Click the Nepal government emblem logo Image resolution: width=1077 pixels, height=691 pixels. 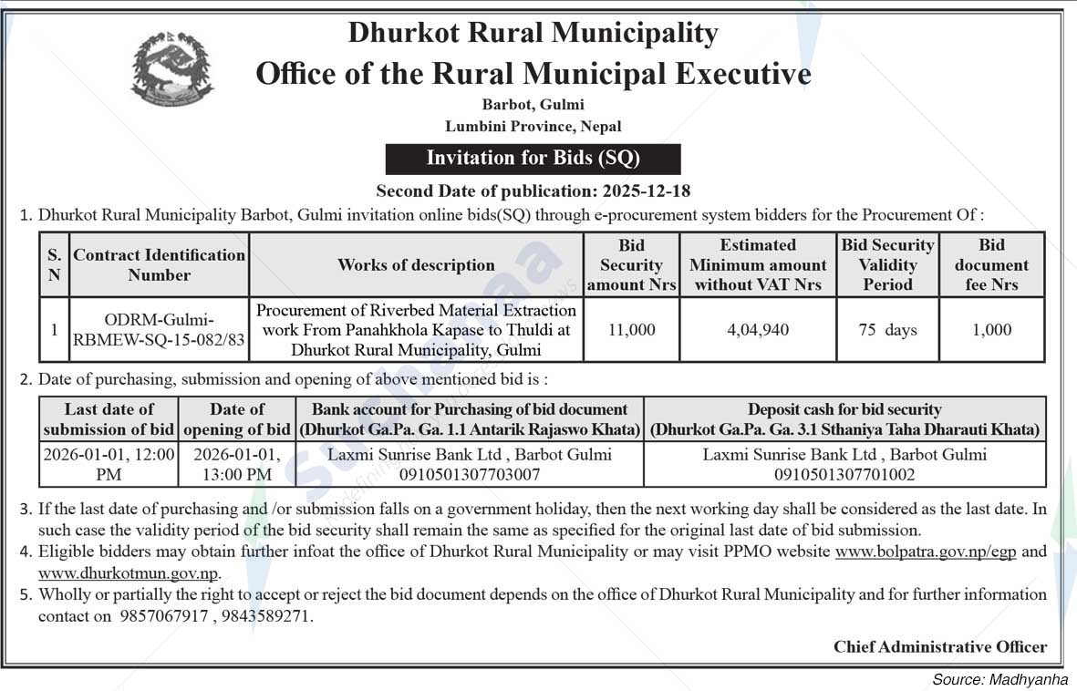pos(172,69)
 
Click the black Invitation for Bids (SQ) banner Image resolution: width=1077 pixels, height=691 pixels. pos(533,158)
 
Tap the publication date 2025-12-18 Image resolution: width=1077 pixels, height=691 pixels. pos(646,191)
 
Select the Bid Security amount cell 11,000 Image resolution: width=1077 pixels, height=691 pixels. pos(631,330)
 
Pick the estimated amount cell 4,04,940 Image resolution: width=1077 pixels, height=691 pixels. pos(758,330)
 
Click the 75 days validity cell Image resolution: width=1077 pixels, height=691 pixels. pos(887,330)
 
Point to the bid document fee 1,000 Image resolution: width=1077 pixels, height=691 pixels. pos(991,330)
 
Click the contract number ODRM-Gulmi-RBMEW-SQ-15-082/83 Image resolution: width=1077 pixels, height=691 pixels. pos(160,330)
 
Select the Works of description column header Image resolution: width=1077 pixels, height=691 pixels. pos(416,265)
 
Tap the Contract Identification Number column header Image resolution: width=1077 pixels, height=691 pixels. pos(160,265)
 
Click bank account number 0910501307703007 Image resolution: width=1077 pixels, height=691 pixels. pos(470,474)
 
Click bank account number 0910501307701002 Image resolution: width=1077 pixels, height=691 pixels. pos(844,474)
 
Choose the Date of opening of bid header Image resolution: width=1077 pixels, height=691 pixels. pos(237,419)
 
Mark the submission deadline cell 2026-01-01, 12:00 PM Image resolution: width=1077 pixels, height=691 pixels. pos(109,464)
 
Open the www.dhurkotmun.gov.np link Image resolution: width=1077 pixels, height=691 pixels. pos(128,573)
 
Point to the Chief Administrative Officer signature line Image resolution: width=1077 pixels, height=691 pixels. pos(939,646)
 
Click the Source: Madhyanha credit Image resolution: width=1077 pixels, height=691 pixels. pos(999,679)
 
